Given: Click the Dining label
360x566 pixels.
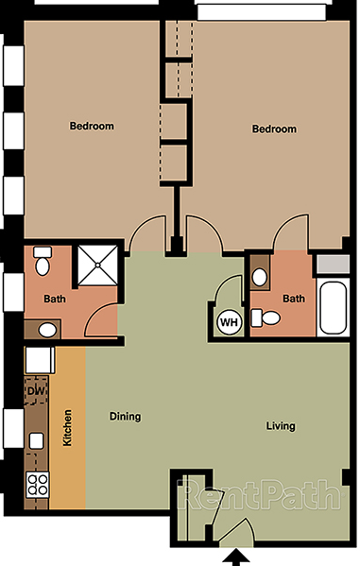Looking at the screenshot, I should click(x=125, y=416).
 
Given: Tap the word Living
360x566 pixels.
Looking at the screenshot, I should click(x=280, y=426).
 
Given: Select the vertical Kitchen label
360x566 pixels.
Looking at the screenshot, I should click(x=67, y=429).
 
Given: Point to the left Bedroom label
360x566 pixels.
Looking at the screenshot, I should click(x=92, y=127).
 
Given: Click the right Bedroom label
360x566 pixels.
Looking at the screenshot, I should click(x=274, y=129).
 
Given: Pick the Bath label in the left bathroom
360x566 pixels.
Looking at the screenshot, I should click(x=55, y=300).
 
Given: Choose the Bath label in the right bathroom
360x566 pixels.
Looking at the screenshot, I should click(x=294, y=299).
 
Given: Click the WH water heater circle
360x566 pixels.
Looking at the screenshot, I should click(x=229, y=322).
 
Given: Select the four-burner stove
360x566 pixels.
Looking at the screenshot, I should click(x=38, y=486).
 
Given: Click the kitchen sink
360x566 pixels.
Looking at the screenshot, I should click(x=36, y=440).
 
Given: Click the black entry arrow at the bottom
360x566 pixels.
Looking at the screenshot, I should click(x=234, y=554).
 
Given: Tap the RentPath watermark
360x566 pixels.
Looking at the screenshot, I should click(x=261, y=493).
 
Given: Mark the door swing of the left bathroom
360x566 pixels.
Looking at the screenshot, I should click(x=102, y=321).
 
